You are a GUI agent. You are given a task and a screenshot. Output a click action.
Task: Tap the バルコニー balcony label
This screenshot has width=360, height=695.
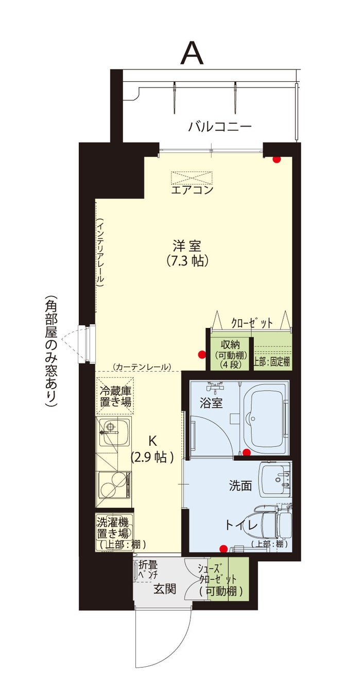pyautogui.click(x=220, y=127)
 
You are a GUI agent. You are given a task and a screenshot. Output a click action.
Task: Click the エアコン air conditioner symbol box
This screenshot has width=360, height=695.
pyautogui.click(x=192, y=177)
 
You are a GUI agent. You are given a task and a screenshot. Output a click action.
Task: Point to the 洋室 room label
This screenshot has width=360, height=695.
pyautogui.click(x=187, y=246)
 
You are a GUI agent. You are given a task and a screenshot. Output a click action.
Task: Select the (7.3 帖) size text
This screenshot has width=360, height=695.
pyautogui.click(x=187, y=261)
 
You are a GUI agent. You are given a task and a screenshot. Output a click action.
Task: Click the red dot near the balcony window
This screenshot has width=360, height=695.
pyautogui.click(x=276, y=159)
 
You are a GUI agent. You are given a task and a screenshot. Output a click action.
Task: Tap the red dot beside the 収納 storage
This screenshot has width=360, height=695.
pyautogui.click(x=202, y=354)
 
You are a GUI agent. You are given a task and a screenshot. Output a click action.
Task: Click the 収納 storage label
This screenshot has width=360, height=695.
pyautogui.click(x=230, y=344)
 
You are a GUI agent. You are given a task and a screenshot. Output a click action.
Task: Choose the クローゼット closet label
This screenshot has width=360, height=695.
pyautogui.click(x=252, y=323)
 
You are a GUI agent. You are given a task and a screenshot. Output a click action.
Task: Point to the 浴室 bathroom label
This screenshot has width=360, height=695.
pyautogui.click(x=211, y=403)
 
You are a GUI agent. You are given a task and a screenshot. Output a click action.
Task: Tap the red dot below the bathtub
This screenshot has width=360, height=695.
pyautogui.click(x=246, y=453)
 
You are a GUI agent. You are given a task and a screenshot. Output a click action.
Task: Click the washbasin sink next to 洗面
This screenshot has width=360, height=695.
pyautogui.click(x=275, y=480)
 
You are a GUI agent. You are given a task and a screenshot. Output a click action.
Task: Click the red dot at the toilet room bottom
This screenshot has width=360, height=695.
pyautogui.click(x=223, y=549)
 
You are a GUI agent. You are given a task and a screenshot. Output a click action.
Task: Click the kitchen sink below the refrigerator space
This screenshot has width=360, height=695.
pyautogui.click(x=114, y=431)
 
